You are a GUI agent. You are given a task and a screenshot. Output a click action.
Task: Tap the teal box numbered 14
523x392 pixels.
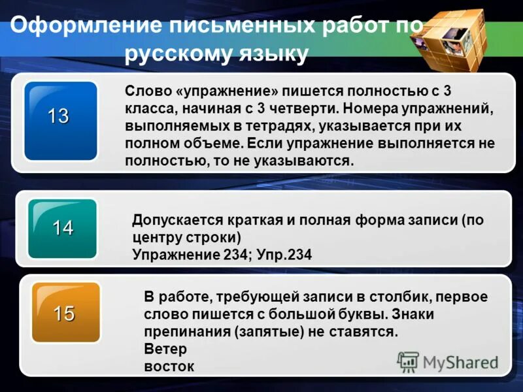click(63, 229)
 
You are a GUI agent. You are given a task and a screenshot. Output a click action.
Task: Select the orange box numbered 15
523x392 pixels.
click(64, 313)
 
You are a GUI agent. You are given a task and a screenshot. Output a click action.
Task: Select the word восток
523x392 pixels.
click(169, 366)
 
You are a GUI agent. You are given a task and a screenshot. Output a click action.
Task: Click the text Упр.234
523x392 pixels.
click(284, 255)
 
